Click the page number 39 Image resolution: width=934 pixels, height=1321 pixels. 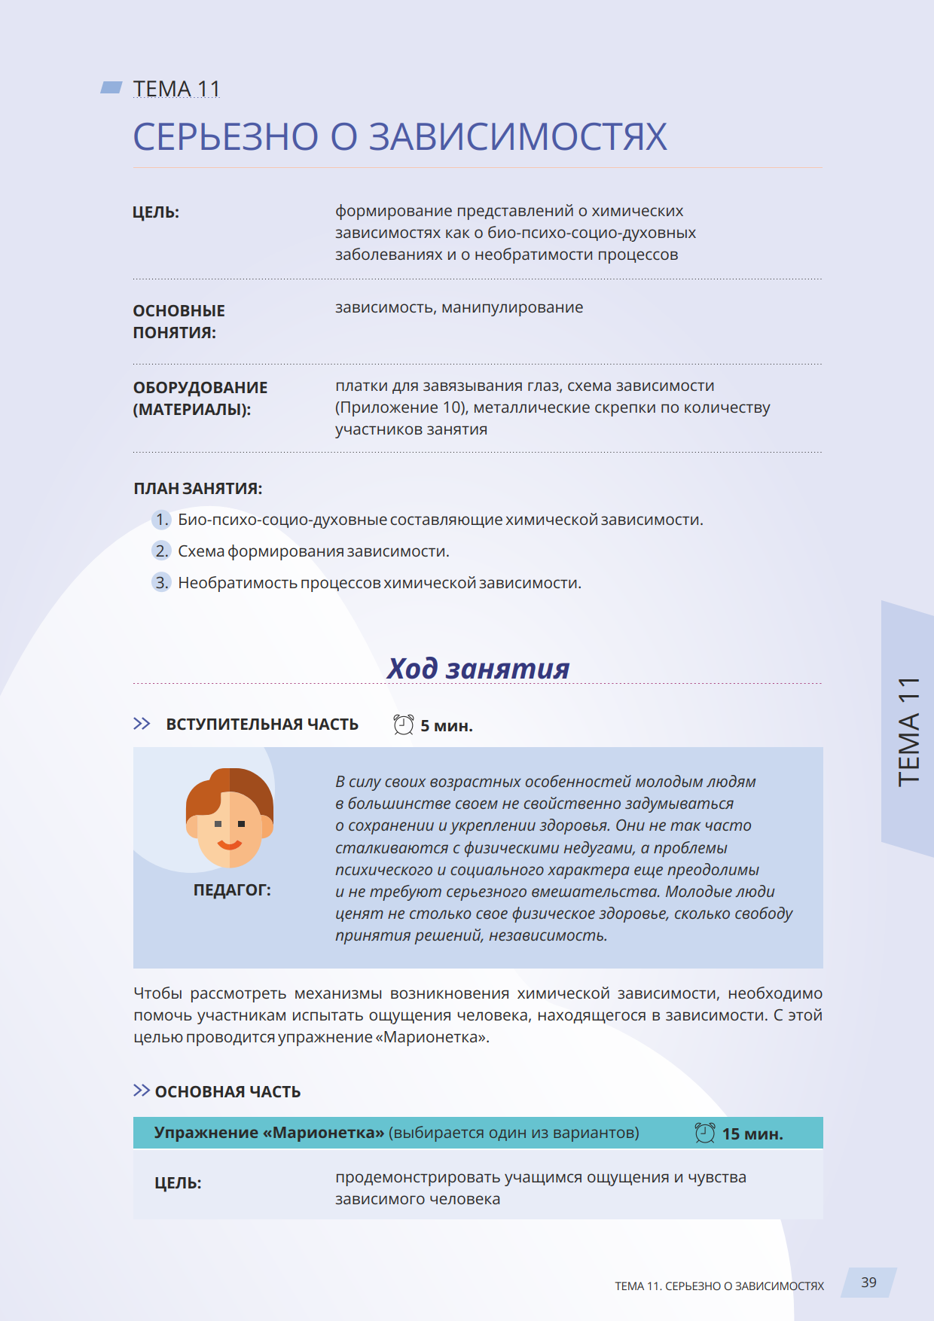click(x=868, y=1283)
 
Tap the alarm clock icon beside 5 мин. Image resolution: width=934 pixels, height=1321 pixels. click(x=404, y=725)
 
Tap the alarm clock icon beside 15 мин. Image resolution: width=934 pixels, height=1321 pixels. click(x=705, y=1133)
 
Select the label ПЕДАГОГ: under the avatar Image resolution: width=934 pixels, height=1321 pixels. click(x=232, y=890)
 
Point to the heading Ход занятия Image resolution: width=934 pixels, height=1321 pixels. click(x=478, y=668)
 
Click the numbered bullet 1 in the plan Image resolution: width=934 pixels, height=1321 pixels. click(x=161, y=520)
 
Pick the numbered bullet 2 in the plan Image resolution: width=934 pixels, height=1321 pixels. click(x=161, y=551)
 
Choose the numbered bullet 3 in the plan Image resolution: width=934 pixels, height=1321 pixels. click(x=161, y=583)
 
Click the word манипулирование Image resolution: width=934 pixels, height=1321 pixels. click(x=512, y=307)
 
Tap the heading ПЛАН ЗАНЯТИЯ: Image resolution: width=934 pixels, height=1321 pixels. click(x=198, y=489)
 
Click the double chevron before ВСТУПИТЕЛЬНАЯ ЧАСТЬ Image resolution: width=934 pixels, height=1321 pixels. click(x=142, y=724)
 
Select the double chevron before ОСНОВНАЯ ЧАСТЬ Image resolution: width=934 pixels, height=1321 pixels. click(x=141, y=1091)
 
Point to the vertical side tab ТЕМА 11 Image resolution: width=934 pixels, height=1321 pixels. click(x=908, y=731)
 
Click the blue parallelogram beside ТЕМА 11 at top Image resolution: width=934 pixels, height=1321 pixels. click(x=111, y=88)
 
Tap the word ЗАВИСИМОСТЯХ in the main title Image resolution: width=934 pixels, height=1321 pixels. click(x=517, y=137)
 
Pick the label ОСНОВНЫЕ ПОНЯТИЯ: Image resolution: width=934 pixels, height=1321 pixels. click(x=179, y=322)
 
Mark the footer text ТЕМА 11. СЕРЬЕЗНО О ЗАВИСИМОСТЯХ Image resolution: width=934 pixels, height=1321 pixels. click(x=719, y=1286)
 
